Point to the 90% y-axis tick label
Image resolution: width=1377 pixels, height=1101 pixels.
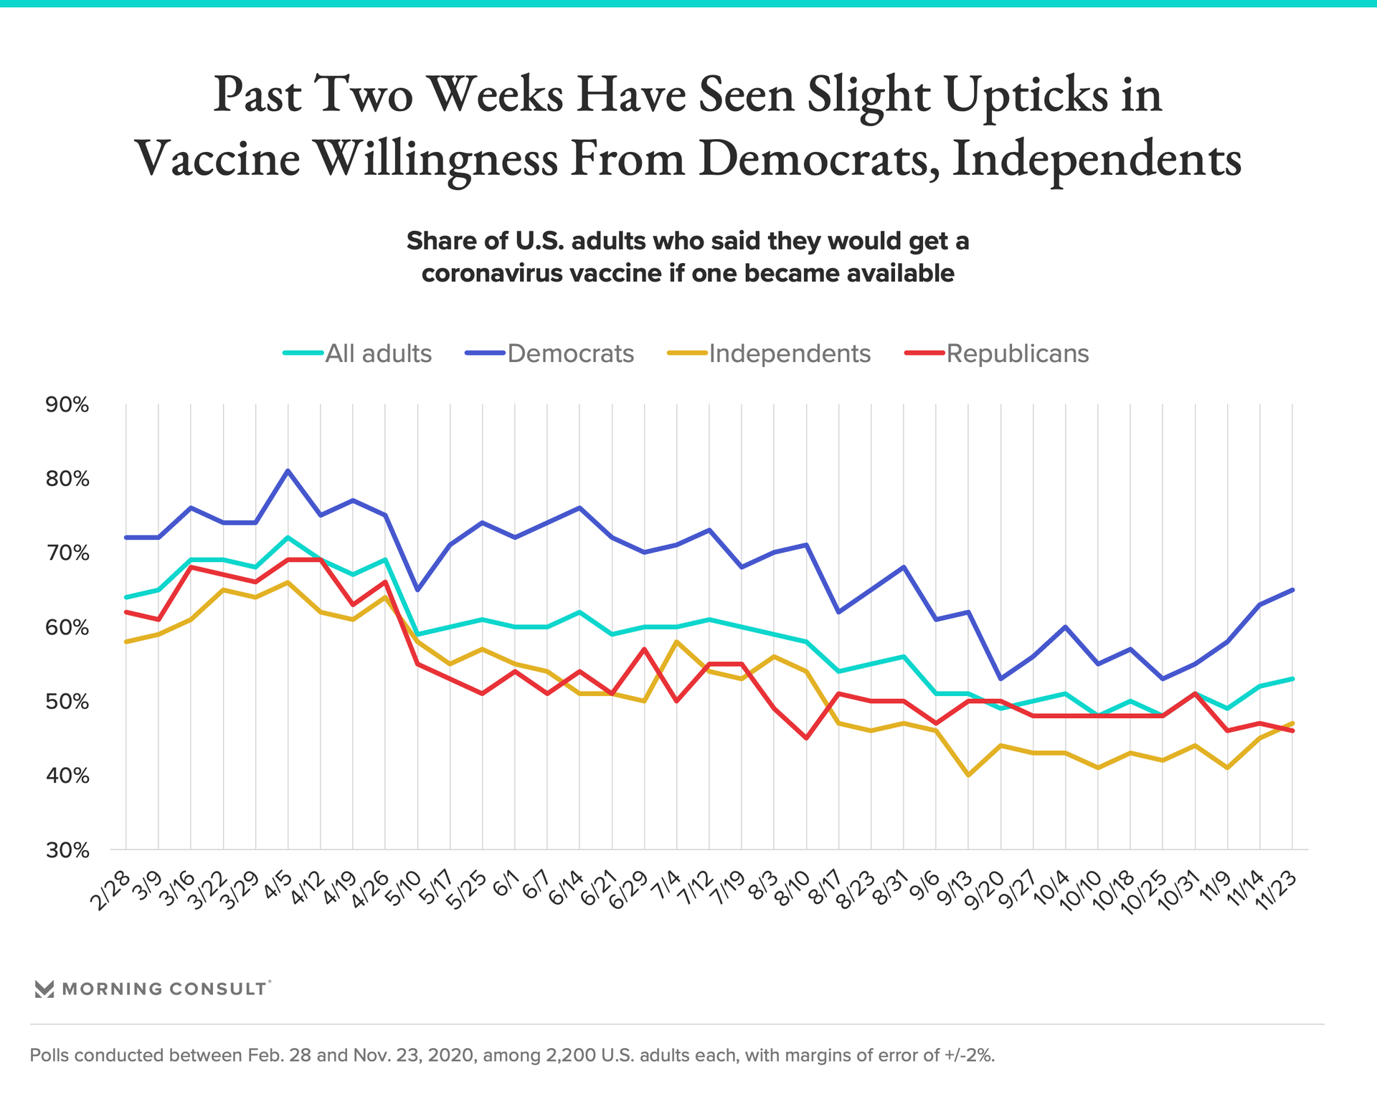coord(67,405)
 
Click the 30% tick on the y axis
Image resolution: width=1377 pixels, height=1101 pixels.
coord(67,851)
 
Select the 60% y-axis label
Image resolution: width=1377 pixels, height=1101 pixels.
coord(67,628)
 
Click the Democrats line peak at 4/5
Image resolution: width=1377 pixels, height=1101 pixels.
coord(288,471)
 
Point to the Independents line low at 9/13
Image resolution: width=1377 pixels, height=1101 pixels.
coord(968,776)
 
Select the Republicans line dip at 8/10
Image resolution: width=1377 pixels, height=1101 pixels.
coord(807,738)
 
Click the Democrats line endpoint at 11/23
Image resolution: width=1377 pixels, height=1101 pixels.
coord(1292,590)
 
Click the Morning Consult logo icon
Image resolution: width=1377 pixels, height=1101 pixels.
coord(44,989)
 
